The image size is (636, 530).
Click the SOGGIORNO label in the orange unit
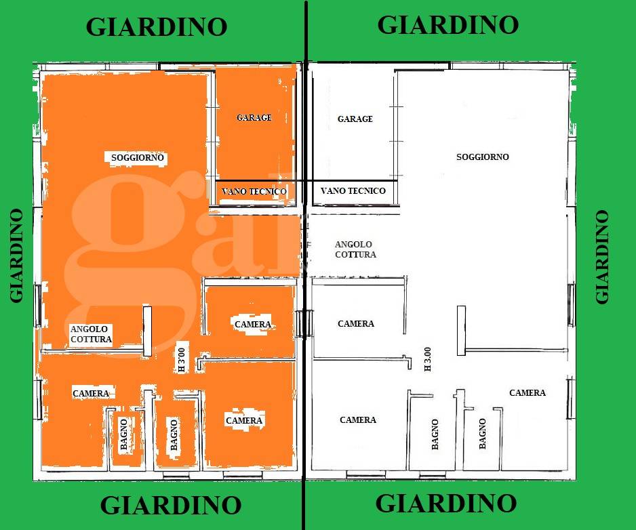click(x=138, y=158)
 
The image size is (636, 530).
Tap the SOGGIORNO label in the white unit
click(x=483, y=157)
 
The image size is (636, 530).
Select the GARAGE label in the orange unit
click(x=254, y=117)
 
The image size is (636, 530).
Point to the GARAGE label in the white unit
click(x=355, y=119)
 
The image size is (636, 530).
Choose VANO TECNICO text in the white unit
click(x=353, y=191)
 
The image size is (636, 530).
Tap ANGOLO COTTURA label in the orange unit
click(x=91, y=334)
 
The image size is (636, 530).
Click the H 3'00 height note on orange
click(x=181, y=360)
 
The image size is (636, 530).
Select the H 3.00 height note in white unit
click(x=427, y=359)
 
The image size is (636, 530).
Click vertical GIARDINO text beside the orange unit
click(x=16, y=255)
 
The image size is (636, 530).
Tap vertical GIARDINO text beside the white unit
click(x=601, y=257)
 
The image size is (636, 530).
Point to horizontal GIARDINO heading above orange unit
click(x=157, y=26)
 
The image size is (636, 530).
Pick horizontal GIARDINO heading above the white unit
click(x=448, y=24)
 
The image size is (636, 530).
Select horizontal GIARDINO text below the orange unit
click(x=171, y=506)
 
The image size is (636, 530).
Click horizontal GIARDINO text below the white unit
click(x=446, y=504)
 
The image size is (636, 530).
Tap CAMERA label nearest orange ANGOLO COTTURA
click(x=91, y=393)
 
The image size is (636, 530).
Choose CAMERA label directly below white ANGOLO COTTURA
click(x=356, y=324)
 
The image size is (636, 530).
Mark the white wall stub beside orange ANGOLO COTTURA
click(x=147, y=331)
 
